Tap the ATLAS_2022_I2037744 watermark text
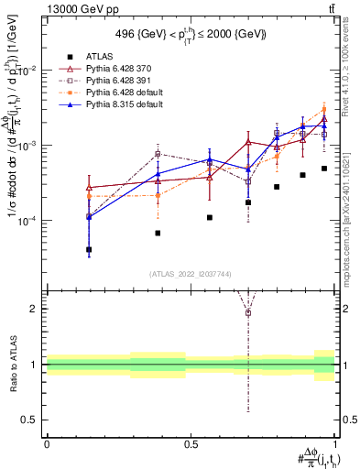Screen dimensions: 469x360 191,274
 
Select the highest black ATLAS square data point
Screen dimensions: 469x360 324,169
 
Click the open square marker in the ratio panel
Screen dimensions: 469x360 248,313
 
